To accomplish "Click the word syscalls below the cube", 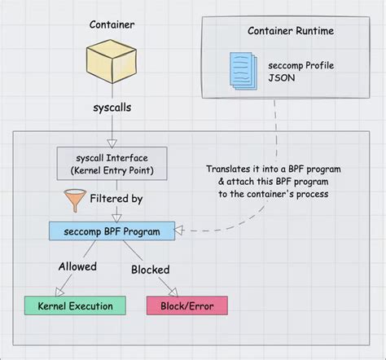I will click(111, 106).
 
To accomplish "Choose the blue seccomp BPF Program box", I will click(112, 230).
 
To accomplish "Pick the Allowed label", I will click(77, 266).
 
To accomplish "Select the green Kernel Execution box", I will click(70, 305).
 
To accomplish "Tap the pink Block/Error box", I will click(186, 305).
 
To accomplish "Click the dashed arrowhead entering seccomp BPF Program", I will click(181, 231).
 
